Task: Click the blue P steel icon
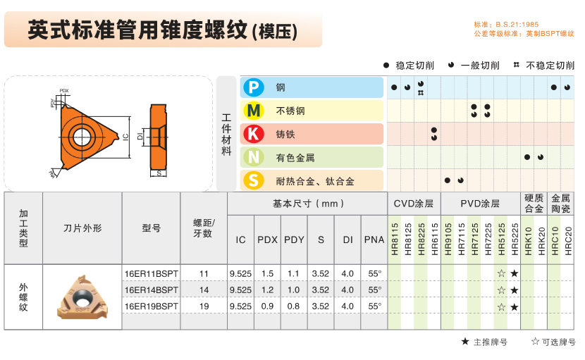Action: pos(254,87)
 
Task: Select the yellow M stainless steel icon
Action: pos(254,111)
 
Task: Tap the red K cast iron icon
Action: pos(254,134)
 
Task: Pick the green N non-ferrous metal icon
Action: pos(254,157)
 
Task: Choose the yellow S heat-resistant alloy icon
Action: pos(254,180)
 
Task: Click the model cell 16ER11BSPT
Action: pos(151,273)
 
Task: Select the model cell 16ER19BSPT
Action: pos(151,306)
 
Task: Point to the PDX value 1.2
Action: pos(267,290)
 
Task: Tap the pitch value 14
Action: pos(204,290)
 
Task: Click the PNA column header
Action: pos(374,240)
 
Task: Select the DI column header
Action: pos(347,240)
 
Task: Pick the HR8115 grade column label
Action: pos(395,239)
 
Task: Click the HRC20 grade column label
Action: pos(568,241)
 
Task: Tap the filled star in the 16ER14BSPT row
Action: pos(515,290)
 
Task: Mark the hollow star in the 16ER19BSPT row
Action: pos(501,307)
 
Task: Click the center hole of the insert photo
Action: pos(81,297)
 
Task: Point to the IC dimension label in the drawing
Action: pos(125,137)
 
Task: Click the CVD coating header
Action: pos(414,204)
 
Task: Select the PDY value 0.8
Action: pos(293,306)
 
